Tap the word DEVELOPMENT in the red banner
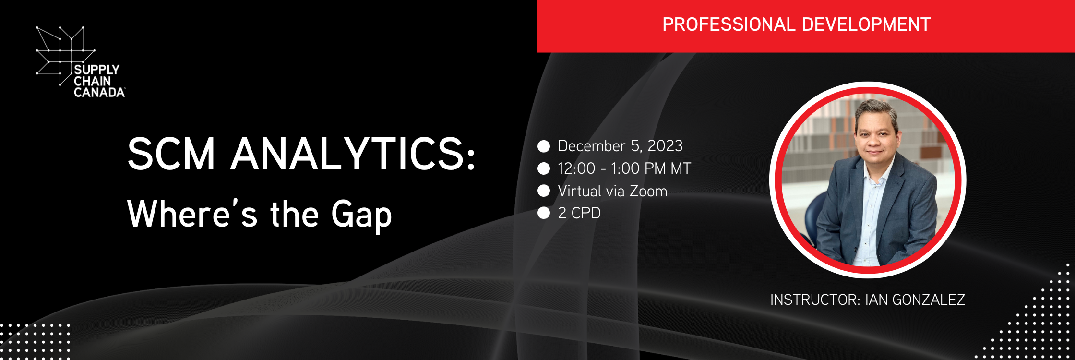pos(866,24)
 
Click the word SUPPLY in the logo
pos(96,70)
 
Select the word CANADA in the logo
pos(99,92)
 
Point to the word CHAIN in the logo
pos(92,81)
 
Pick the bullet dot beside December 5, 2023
pos(544,146)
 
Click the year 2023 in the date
pos(665,146)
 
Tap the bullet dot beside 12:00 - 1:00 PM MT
pos(544,168)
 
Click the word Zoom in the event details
pos(648,191)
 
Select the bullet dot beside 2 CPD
pos(544,213)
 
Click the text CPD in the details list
pos(586,213)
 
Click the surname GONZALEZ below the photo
pos(929,300)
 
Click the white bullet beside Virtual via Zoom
pos(544,191)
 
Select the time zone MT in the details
pos(681,168)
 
